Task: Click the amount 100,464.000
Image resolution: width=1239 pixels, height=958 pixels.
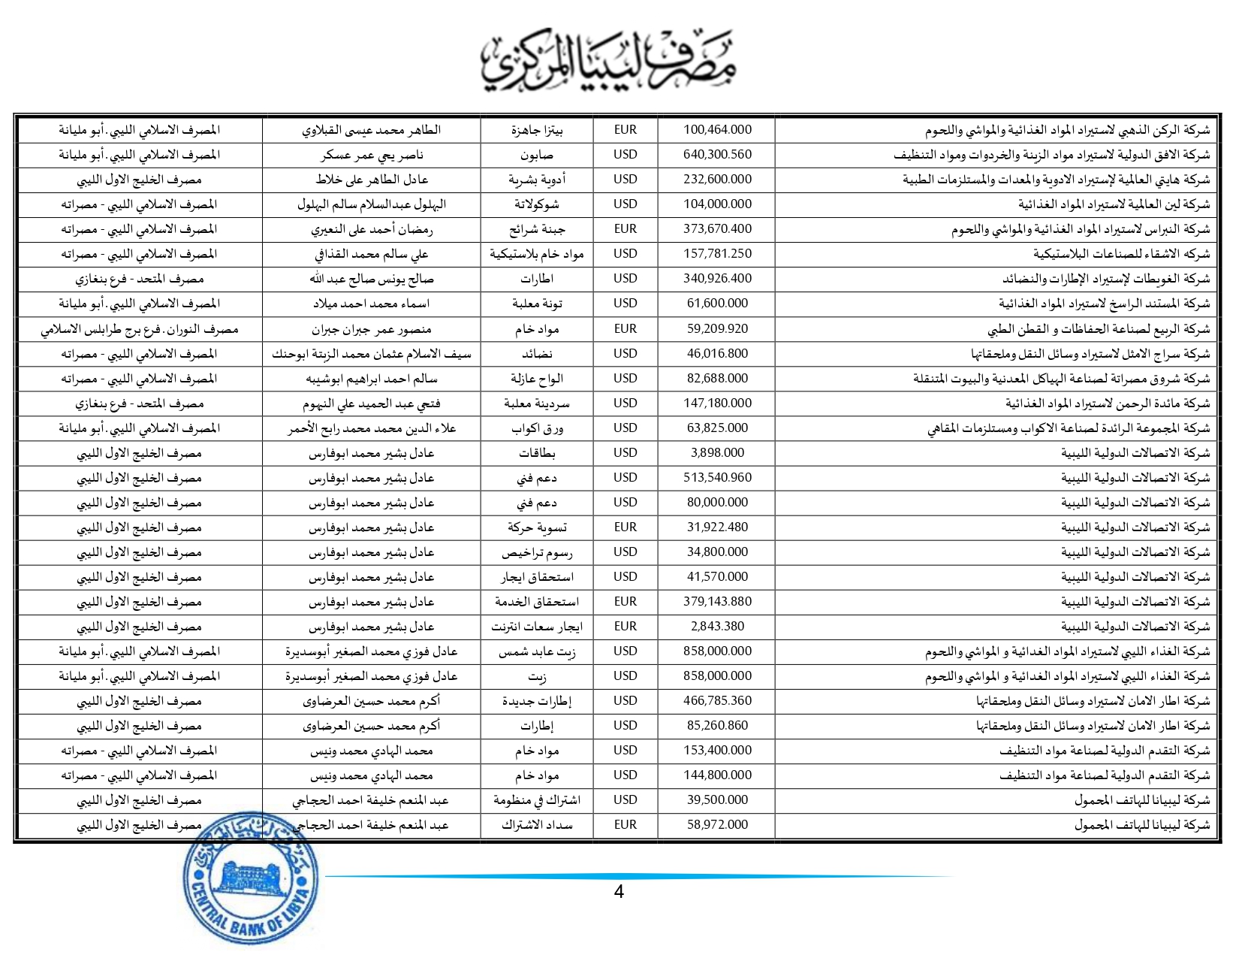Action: [716, 130]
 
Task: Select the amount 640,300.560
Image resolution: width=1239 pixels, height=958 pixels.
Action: [716, 155]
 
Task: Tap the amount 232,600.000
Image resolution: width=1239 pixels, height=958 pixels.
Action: [716, 180]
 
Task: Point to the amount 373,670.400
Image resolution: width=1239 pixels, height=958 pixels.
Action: [716, 229]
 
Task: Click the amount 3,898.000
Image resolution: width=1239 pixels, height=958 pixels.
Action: [716, 453]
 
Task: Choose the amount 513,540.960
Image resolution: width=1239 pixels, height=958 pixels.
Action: [716, 478]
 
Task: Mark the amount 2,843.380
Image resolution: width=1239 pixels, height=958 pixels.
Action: [716, 627]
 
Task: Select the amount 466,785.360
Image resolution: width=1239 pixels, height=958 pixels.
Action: [716, 701]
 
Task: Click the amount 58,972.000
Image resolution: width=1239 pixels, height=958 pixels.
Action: [716, 825]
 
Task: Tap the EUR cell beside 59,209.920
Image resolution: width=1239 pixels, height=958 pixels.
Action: [625, 329]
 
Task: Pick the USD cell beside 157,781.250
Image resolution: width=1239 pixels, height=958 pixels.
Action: [625, 254]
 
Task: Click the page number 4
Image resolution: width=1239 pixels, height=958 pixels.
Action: [619, 893]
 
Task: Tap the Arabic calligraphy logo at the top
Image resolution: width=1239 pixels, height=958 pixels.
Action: [608, 62]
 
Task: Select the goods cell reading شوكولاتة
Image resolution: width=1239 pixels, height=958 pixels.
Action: [536, 204]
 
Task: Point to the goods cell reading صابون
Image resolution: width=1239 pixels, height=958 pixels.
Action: [536, 155]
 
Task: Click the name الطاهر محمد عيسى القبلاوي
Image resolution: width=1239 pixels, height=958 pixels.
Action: [371, 130]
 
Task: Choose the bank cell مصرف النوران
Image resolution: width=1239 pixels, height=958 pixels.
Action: [140, 329]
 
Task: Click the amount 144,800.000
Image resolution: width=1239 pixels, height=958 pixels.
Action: [716, 775]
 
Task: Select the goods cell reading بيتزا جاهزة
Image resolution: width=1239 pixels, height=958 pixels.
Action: [536, 130]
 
